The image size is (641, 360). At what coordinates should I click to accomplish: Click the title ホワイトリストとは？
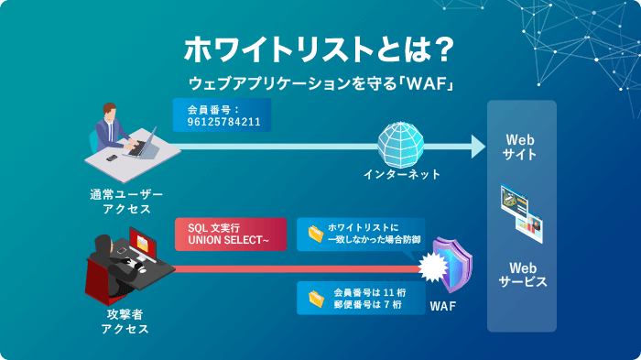click(x=320, y=48)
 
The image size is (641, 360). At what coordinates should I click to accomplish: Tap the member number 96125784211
click(x=223, y=121)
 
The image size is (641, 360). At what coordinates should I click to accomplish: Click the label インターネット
click(x=402, y=174)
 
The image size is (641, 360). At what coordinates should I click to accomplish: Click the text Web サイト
click(x=520, y=147)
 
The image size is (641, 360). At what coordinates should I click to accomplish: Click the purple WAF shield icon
click(x=452, y=265)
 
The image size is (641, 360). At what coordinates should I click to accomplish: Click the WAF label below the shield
click(x=443, y=305)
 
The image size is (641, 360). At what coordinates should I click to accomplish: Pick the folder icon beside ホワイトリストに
click(x=316, y=234)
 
